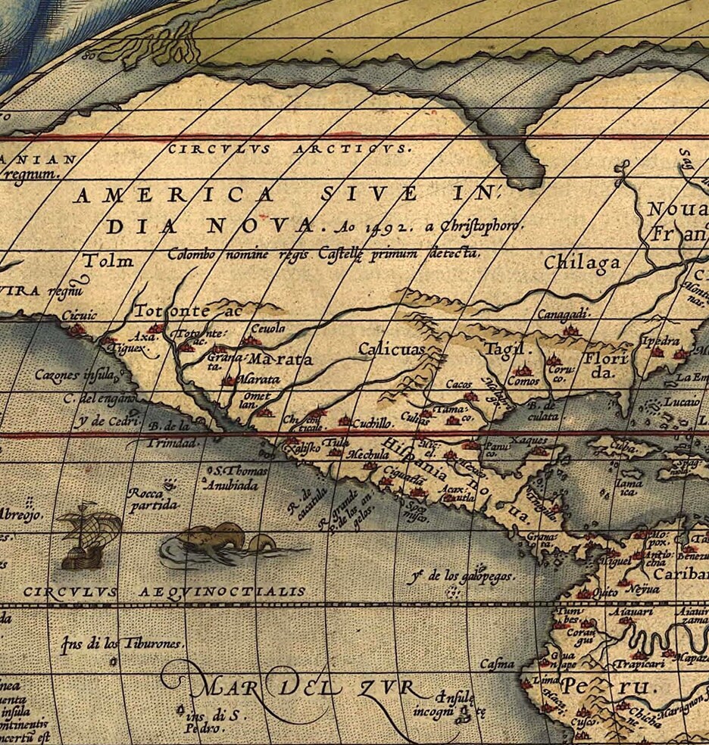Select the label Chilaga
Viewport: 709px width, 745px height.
pyautogui.click(x=582, y=263)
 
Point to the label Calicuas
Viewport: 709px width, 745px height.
pyautogui.click(x=390, y=349)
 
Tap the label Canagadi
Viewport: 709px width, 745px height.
pyautogui.click(x=564, y=313)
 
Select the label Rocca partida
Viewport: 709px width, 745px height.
pyautogui.click(x=153, y=498)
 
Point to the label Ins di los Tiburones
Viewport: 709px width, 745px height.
pyautogui.click(x=122, y=644)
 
